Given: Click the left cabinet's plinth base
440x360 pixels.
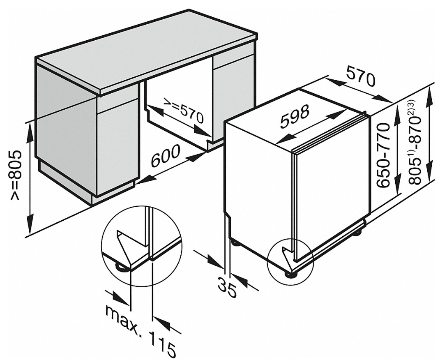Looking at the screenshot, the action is point(87,182).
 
